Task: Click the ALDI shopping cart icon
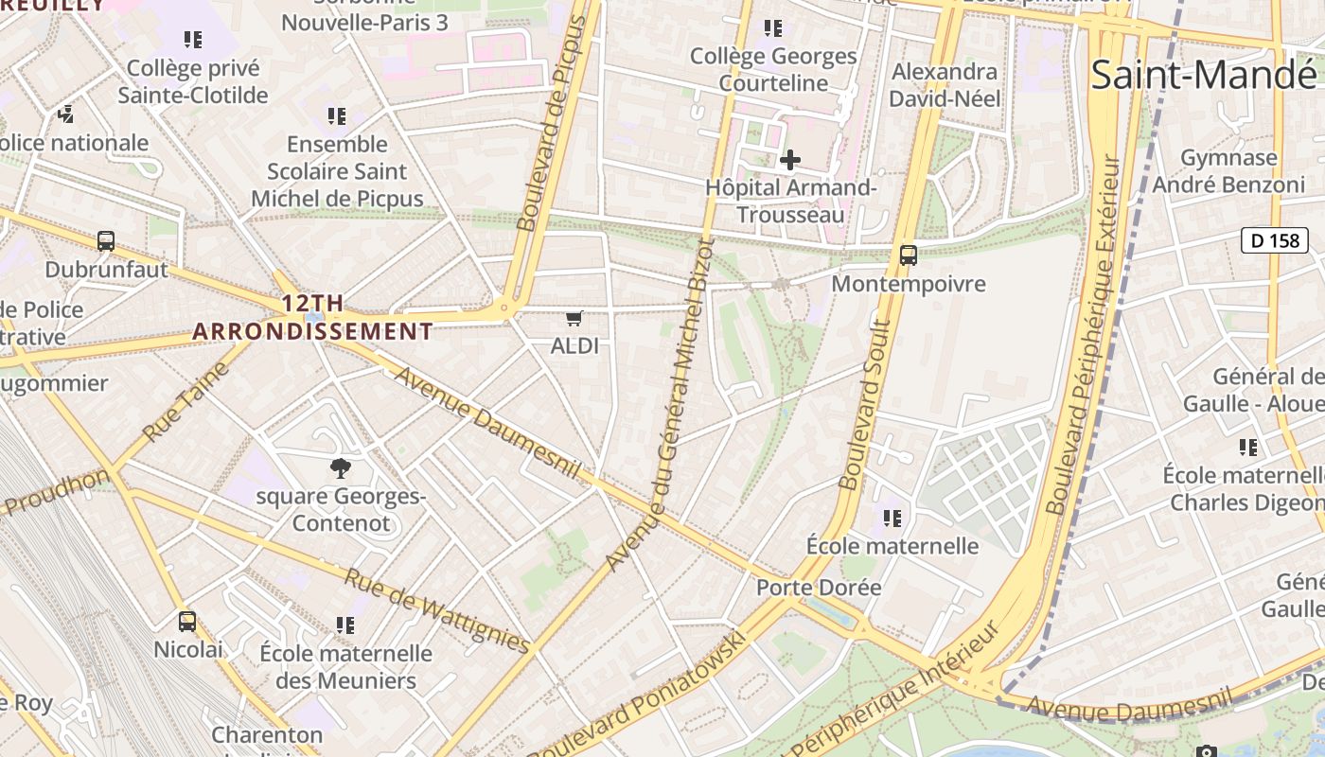click(574, 319)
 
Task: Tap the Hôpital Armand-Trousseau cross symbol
click(789, 160)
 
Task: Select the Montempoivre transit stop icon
click(908, 255)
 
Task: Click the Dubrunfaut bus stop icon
click(106, 241)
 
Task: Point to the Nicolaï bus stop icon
click(187, 622)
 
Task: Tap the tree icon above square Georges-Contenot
click(340, 467)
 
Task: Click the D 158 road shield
click(1274, 240)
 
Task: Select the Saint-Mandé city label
click(1203, 74)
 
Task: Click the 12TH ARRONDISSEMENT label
click(312, 318)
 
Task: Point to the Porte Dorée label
click(819, 588)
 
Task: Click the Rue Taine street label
click(186, 401)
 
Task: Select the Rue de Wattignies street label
click(436, 611)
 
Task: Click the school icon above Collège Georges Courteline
click(773, 29)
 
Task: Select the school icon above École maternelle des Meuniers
click(345, 625)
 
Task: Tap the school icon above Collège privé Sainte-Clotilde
click(193, 40)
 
